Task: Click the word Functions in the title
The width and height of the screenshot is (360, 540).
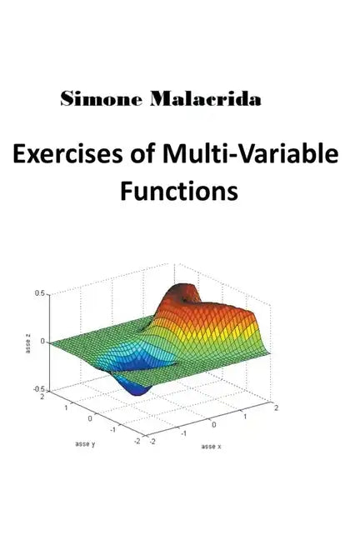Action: click(178, 191)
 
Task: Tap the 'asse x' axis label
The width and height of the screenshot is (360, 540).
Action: click(212, 447)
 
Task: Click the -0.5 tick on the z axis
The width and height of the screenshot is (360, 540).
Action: click(38, 389)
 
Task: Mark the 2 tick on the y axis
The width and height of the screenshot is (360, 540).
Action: click(42, 398)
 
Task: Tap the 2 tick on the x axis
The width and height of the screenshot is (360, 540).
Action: click(276, 407)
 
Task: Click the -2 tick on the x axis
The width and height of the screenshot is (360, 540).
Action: click(152, 442)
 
